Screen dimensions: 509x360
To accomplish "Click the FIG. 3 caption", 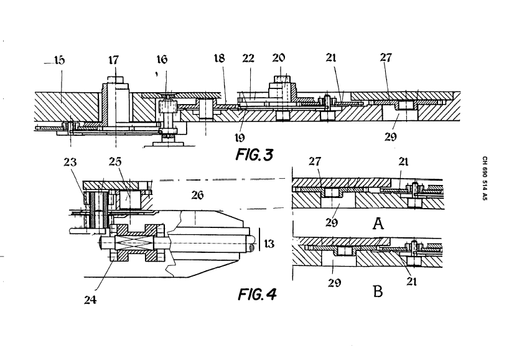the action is coord(254,154).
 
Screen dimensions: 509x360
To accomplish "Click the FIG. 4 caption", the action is coord(257,295).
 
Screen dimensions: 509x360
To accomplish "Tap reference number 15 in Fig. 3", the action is coord(59,60).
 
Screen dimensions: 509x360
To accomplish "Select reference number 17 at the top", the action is coord(114,60).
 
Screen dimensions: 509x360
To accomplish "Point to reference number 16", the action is coord(162,59).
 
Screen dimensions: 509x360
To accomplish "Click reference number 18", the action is coord(220,58).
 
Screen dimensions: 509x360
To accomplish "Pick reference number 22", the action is coord(248,59).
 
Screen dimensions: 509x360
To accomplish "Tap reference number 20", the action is coord(279,58).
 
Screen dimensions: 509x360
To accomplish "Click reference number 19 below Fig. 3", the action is coord(240,138).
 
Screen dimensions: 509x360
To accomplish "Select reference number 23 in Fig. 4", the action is coord(70,161).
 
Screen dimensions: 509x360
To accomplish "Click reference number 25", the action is coord(115,161).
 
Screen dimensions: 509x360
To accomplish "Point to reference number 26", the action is coord(197,195).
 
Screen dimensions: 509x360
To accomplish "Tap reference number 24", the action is coord(90,300).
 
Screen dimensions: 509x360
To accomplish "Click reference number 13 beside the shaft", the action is coord(269,244).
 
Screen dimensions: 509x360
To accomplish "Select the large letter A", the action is coord(378,224).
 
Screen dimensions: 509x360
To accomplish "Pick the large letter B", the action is coord(378,291).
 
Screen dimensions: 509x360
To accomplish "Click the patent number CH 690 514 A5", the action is coord(485,178).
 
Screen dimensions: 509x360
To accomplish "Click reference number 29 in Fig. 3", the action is coord(391,137).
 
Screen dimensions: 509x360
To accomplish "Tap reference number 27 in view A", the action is coord(315,161).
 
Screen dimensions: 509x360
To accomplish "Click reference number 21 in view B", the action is coord(411,281).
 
